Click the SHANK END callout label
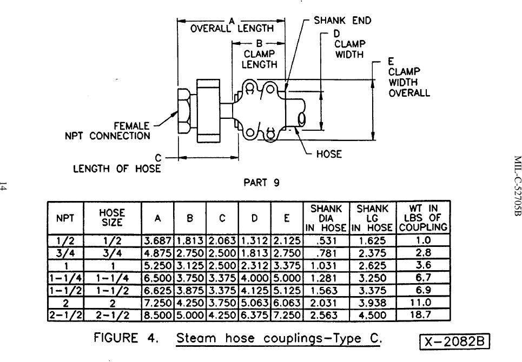coord(342,21)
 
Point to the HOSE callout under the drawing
coord(329,154)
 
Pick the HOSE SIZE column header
coord(113,218)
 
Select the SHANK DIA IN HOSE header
coord(326,218)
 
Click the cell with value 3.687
coord(157,240)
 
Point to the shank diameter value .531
coord(326,240)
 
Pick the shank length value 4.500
coord(374,314)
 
